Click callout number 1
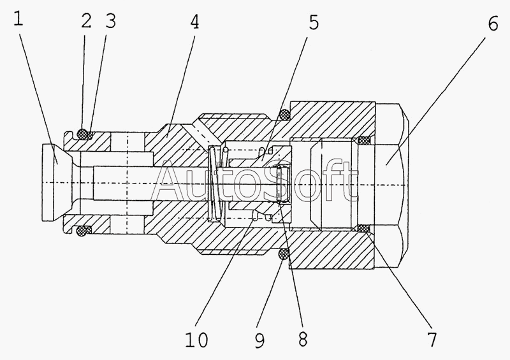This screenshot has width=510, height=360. [18, 18]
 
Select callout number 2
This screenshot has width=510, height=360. [86, 22]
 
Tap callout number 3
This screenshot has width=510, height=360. [110, 22]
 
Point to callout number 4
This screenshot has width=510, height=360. [194, 22]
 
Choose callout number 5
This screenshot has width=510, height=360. [313, 22]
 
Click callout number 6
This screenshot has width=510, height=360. [493, 24]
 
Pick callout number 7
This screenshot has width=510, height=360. [432, 340]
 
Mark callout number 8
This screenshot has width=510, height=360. [302, 339]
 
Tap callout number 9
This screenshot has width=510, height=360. [259, 340]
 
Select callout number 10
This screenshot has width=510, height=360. [196, 340]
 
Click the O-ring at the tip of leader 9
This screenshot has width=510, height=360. [284, 254]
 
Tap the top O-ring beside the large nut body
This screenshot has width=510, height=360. [284, 114]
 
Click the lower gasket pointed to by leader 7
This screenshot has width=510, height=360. [363, 229]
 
